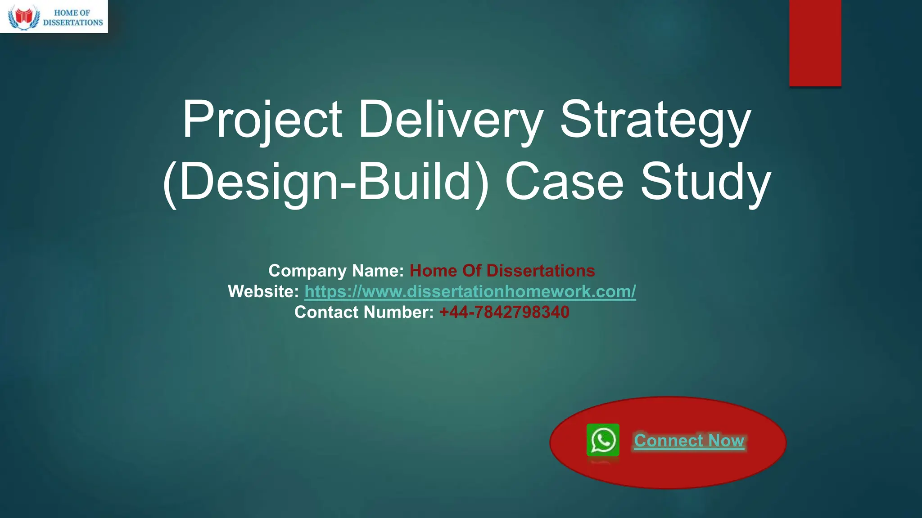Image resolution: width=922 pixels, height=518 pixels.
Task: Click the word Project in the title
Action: click(x=262, y=120)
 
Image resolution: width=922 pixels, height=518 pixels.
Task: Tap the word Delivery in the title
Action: click(x=450, y=120)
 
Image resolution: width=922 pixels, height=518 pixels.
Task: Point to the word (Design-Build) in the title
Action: click(x=325, y=182)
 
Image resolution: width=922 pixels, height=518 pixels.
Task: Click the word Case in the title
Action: click(x=564, y=182)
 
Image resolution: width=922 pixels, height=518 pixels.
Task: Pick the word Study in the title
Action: click(x=705, y=182)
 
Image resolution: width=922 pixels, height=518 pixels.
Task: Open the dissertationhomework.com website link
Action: click(x=470, y=291)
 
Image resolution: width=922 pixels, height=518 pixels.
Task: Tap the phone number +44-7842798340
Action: click(x=504, y=312)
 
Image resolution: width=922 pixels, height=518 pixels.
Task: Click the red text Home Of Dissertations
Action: click(x=502, y=271)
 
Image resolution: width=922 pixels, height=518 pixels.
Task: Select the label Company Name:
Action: click(x=336, y=271)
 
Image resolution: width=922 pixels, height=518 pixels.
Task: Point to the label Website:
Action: click(x=263, y=291)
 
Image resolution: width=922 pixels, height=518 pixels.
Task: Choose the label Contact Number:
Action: click(x=364, y=312)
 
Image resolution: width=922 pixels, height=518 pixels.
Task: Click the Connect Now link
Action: click(x=689, y=441)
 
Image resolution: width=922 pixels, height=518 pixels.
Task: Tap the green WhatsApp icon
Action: click(x=603, y=440)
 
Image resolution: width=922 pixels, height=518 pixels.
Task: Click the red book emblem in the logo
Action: click(x=24, y=17)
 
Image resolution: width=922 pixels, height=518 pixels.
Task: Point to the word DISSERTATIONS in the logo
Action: click(x=73, y=22)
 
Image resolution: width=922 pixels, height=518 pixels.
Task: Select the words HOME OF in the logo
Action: click(x=72, y=13)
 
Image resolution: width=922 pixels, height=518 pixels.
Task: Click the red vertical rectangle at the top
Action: click(x=815, y=43)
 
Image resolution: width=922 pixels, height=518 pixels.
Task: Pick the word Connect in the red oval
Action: click(x=669, y=441)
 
